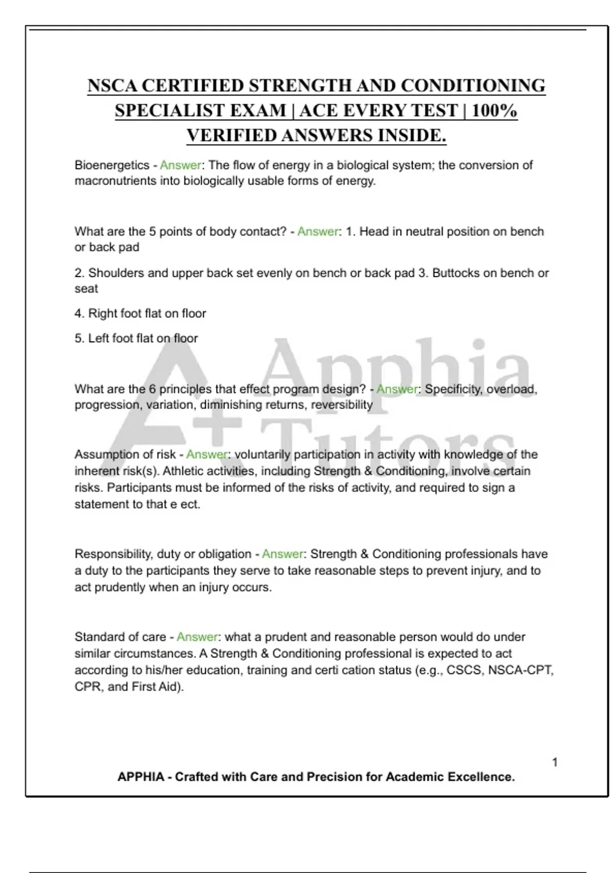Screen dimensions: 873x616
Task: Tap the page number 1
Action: [x=555, y=762]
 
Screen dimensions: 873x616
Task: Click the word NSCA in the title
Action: [x=112, y=86]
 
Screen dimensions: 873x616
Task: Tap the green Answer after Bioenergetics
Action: [x=180, y=165]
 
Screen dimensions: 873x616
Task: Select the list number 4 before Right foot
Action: [x=79, y=313]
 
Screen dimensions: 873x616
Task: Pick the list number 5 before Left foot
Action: [x=79, y=338]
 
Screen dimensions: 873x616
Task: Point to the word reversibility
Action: [x=342, y=405]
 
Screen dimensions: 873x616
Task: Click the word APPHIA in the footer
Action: [x=141, y=777]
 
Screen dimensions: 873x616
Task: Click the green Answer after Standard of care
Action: [x=198, y=637]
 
